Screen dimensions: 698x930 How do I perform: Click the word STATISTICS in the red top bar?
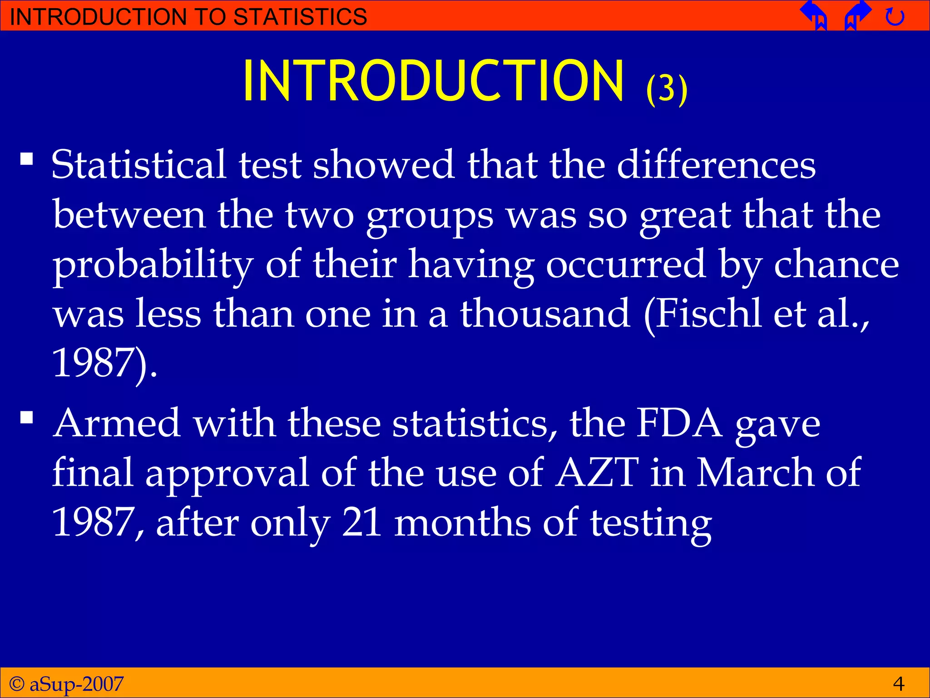(300, 16)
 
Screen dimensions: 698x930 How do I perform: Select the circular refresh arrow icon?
(895, 17)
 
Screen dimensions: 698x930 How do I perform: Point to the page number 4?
(898, 683)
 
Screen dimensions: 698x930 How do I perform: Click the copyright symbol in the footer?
(17, 683)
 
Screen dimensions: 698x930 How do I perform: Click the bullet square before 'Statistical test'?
(27, 159)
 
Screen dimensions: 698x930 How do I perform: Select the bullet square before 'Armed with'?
(27, 417)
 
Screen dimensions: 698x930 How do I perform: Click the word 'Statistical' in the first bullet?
(139, 165)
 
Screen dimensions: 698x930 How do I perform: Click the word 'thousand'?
(545, 313)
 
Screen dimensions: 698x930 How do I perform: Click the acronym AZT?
(598, 473)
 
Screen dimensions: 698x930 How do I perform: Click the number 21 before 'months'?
(362, 522)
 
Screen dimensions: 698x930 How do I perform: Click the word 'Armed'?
(117, 423)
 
